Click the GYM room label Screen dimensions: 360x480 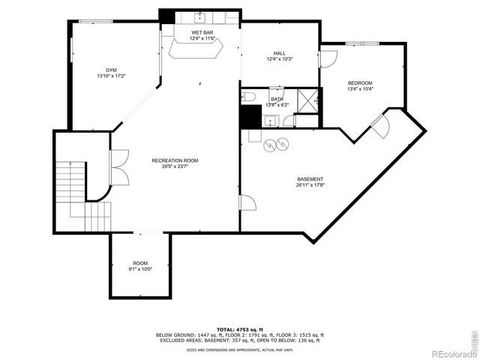(110, 68)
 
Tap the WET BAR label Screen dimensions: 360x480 (202, 33)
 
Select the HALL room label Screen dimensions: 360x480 (279, 53)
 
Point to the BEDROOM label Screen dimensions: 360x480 (360, 82)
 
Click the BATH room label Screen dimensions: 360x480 (277, 99)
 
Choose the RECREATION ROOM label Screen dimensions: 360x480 (175, 160)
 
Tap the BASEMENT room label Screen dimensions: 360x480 (310, 178)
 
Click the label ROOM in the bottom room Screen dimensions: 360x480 (140, 263)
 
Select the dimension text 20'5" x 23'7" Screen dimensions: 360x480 (175, 166)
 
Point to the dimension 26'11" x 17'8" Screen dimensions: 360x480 (310, 184)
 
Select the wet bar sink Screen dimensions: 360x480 (201, 16)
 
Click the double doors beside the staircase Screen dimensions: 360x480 (118, 167)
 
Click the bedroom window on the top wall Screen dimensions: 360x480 (367, 43)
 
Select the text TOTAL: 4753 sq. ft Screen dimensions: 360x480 (239, 329)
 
